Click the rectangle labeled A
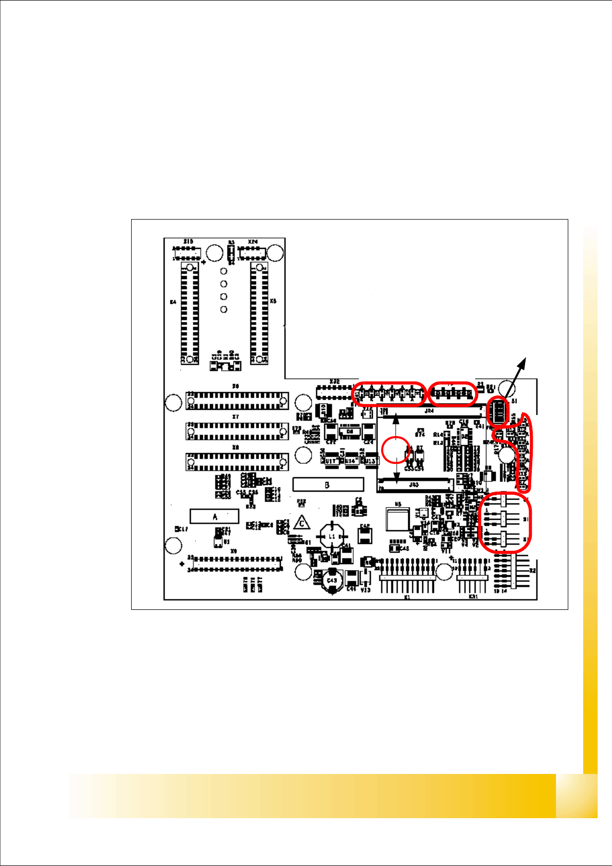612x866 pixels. [x=214, y=516]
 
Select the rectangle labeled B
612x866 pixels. [x=328, y=484]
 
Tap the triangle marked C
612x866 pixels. [x=302, y=524]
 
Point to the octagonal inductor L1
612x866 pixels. [x=332, y=536]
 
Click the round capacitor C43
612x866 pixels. [x=332, y=581]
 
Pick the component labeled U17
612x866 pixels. [x=330, y=461]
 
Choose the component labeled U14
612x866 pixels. [x=351, y=461]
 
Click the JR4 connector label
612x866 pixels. [x=429, y=411]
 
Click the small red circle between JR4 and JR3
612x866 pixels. [x=396, y=449]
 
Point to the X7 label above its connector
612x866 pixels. [x=236, y=417]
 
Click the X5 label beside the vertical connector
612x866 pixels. [x=273, y=301]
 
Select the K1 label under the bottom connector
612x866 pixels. [x=407, y=598]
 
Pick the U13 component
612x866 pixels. [x=370, y=461]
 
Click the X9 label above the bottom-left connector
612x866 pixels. [x=233, y=551]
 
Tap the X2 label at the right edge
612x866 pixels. [x=533, y=571]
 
